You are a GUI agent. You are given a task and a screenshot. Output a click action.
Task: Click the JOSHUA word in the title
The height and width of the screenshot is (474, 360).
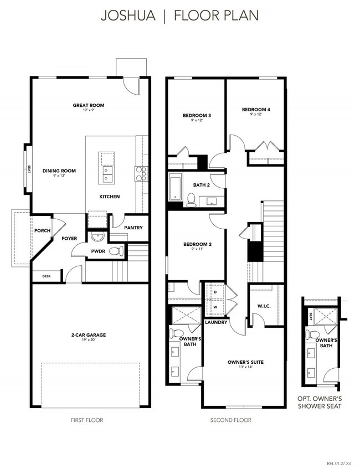coord(128,16)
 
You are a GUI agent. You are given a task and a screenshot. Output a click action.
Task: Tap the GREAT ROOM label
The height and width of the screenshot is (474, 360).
coord(89,105)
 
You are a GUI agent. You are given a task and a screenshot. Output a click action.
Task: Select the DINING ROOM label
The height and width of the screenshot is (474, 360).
coord(59,171)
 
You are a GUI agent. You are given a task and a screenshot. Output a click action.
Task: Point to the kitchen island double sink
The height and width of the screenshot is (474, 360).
coord(106,176)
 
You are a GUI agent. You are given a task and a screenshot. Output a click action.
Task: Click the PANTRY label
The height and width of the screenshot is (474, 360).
coord(133,228)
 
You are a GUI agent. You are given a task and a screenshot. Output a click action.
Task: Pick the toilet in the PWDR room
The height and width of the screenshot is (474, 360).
coord(116,251)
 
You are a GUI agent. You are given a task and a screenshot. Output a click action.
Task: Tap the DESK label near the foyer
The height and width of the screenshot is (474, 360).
coord(47,276)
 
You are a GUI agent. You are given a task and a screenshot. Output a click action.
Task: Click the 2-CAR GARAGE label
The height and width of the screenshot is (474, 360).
coord(89,334)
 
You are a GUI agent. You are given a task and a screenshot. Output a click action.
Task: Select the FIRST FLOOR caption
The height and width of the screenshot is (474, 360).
coord(87,420)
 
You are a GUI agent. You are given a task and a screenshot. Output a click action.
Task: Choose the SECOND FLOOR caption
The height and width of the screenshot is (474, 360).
coord(230,420)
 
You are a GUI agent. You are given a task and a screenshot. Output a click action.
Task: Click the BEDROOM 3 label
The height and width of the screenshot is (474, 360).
coord(197,115)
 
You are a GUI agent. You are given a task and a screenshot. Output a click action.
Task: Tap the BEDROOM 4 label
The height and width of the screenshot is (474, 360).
coord(256,110)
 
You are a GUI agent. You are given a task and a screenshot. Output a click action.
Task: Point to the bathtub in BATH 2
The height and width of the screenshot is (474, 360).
coord(176,187)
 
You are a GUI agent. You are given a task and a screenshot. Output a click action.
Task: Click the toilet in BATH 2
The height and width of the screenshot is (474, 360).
coord(191,199)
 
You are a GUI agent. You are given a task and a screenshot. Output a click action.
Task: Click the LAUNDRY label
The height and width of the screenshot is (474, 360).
coord(216,322)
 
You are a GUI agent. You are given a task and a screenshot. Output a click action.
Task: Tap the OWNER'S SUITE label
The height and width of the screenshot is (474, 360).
coord(245,362)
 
